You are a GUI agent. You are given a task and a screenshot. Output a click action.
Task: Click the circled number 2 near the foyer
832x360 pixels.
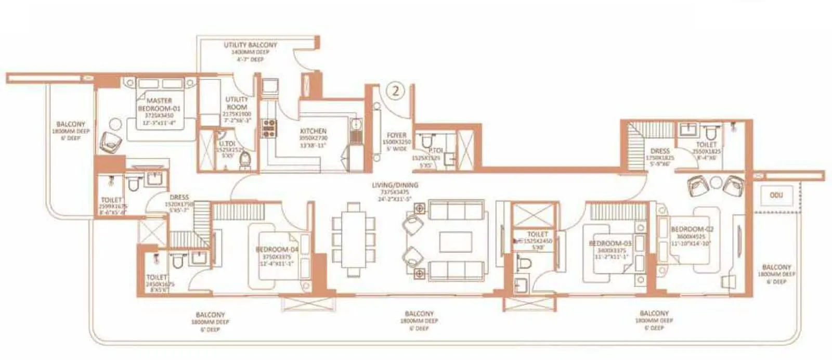click(x=396, y=91)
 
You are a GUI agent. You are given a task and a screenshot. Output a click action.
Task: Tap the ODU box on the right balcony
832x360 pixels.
click(x=776, y=195)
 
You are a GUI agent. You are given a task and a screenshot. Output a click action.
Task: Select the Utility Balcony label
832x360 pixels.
click(x=250, y=45)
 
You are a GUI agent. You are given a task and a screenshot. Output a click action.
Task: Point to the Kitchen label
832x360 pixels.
click(x=313, y=131)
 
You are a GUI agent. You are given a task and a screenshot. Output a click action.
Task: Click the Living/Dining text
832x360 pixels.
click(x=395, y=185)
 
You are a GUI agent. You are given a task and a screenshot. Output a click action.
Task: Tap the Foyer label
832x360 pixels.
click(x=396, y=135)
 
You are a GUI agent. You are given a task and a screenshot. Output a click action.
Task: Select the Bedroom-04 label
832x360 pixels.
click(x=277, y=250)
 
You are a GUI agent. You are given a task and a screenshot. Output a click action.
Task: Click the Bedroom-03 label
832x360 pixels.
click(x=610, y=243)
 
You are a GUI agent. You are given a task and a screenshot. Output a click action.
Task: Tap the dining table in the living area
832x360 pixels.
click(x=354, y=239)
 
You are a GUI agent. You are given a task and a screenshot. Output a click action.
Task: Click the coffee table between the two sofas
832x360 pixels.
click(x=455, y=242)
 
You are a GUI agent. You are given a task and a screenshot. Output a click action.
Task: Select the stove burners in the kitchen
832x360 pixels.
click(x=269, y=128)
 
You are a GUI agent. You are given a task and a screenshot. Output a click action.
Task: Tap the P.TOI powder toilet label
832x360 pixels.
click(x=435, y=150)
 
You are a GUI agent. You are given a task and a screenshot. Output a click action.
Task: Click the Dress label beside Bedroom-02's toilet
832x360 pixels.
click(x=660, y=151)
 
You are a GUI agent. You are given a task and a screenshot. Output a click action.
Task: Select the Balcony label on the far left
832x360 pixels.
click(x=71, y=124)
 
